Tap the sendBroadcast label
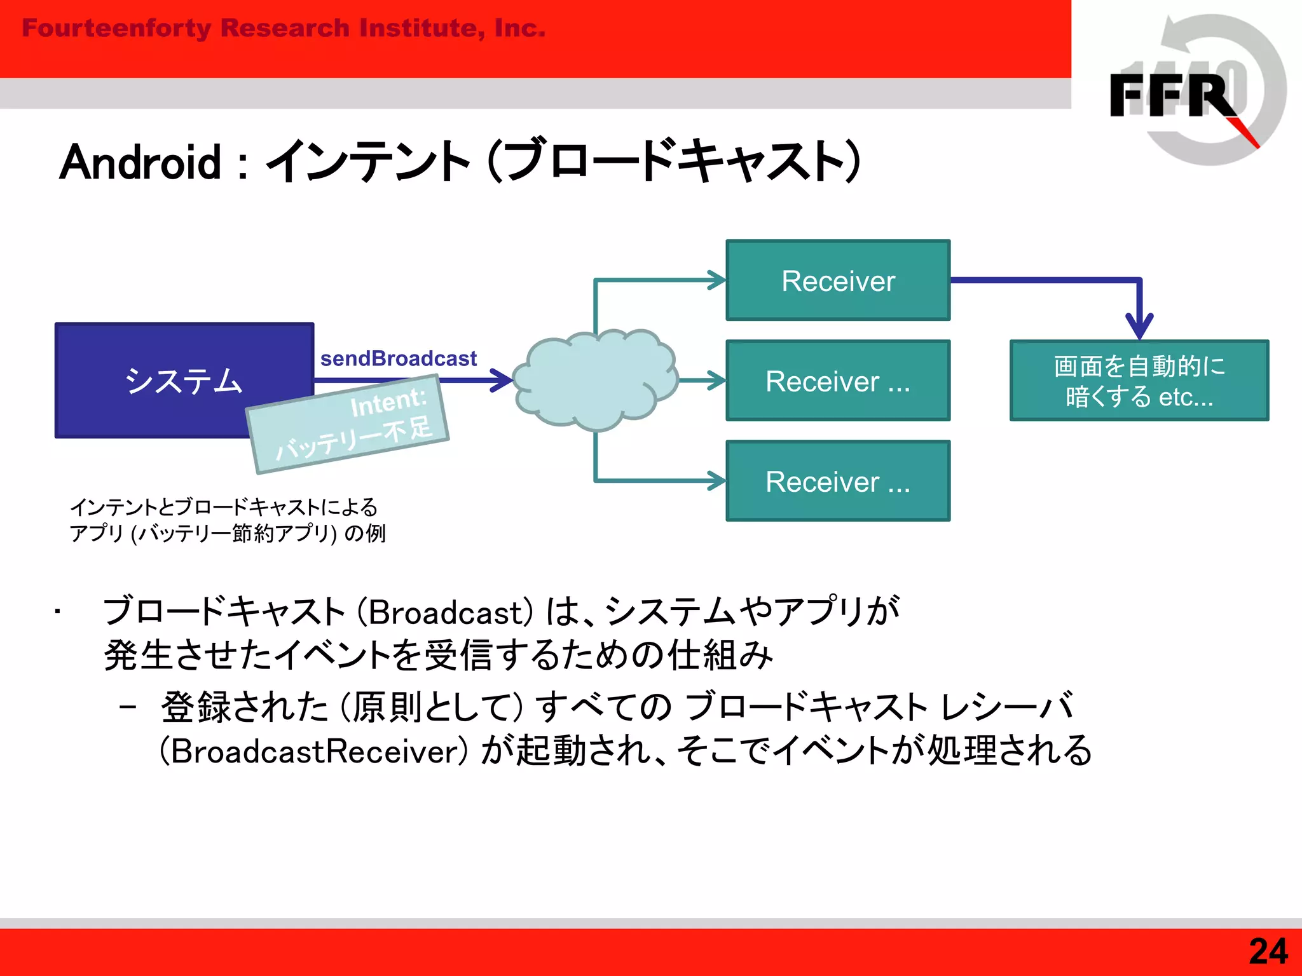398,358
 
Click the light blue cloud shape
595,379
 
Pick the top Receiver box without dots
838,281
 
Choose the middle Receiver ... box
838,381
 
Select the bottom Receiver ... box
838,481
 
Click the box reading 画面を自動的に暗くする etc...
1139,381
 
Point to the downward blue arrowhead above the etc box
1139,327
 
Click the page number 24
1268,951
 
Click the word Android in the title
140,162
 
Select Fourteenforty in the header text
116,28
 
